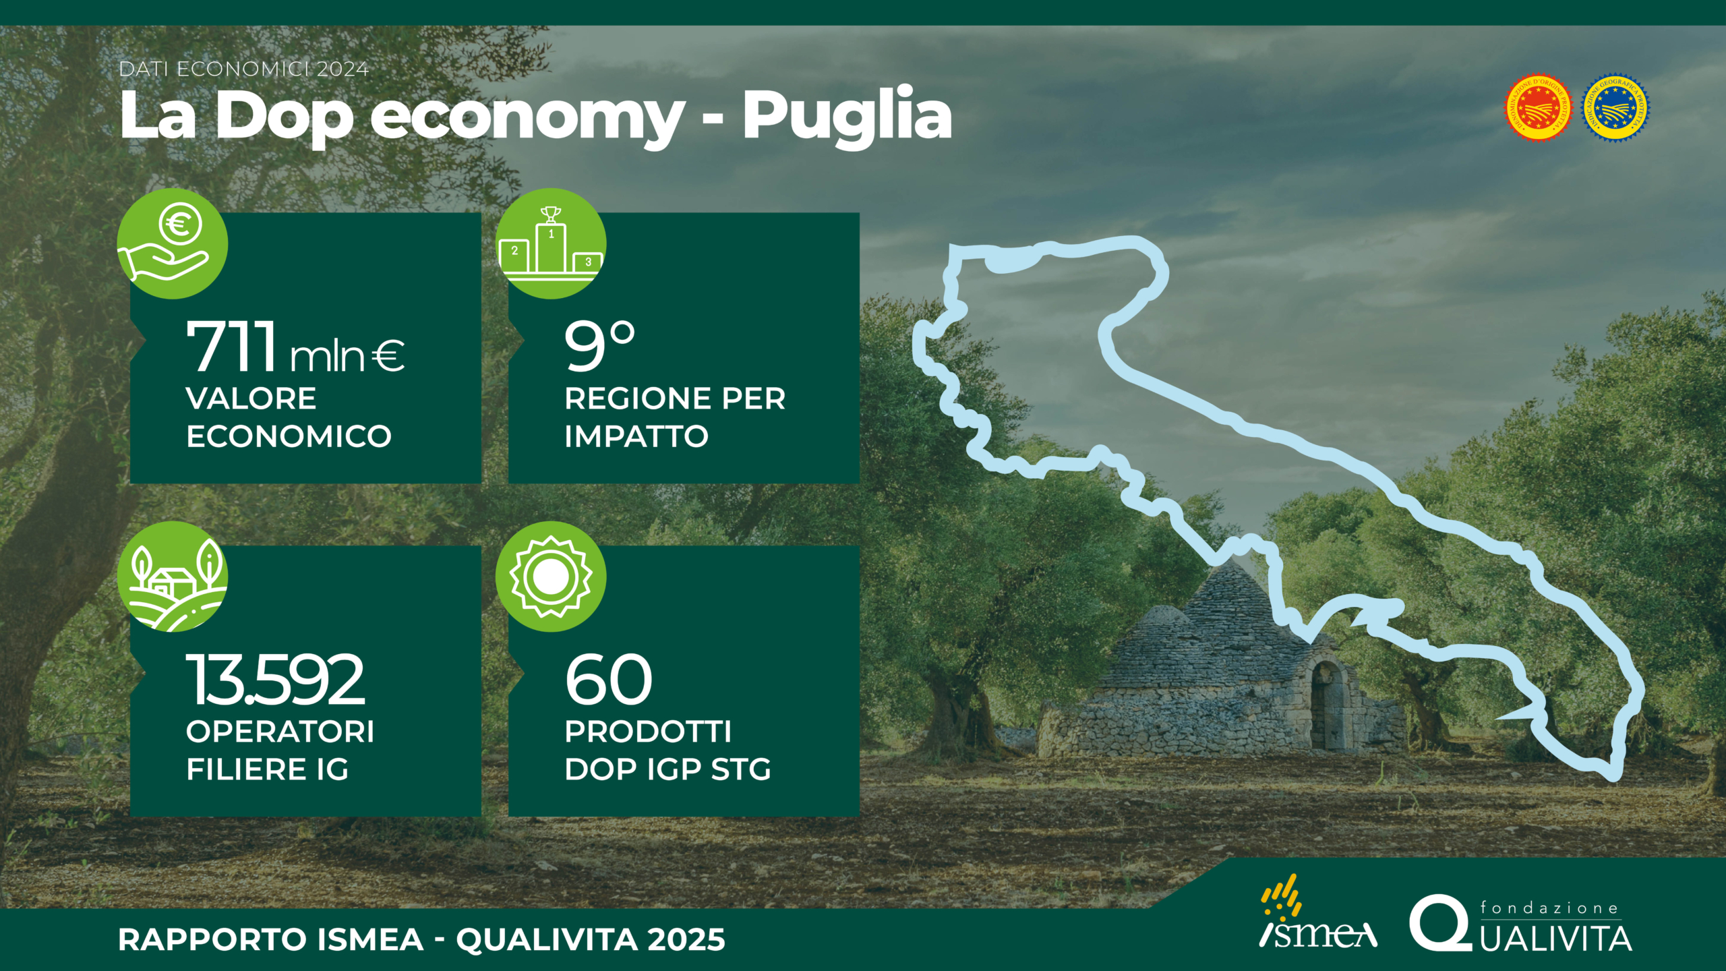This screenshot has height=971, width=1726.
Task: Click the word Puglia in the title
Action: point(847,116)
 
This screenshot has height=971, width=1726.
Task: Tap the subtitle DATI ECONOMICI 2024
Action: point(244,69)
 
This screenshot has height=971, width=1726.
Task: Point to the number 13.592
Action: point(276,679)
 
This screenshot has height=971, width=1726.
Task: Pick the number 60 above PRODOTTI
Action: point(609,679)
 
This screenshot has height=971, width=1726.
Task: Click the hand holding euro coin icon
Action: point(173,243)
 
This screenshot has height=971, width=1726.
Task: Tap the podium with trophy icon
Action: point(551,243)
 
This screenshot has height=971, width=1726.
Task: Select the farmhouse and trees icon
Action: point(173,577)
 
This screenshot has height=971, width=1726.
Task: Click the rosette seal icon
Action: point(551,577)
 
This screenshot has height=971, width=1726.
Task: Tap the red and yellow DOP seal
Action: point(1539,108)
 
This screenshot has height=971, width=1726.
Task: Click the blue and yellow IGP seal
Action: point(1615,108)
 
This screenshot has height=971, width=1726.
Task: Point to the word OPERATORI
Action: point(280,732)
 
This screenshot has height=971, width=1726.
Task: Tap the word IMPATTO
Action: point(636,436)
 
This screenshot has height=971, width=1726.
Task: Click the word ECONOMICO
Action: point(289,436)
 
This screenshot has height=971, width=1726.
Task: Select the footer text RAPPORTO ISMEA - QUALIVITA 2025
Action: point(422,939)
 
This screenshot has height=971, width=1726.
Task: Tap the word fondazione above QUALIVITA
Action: point(1549,908)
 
